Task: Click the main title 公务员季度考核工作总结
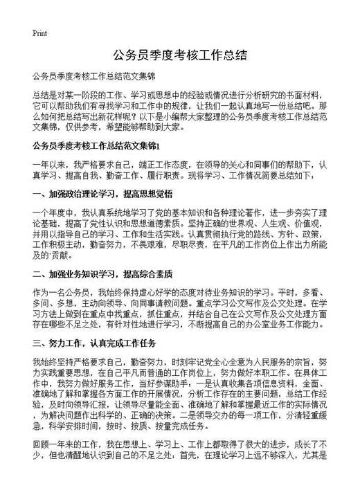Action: pyautogui.click(x=179, y=54)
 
